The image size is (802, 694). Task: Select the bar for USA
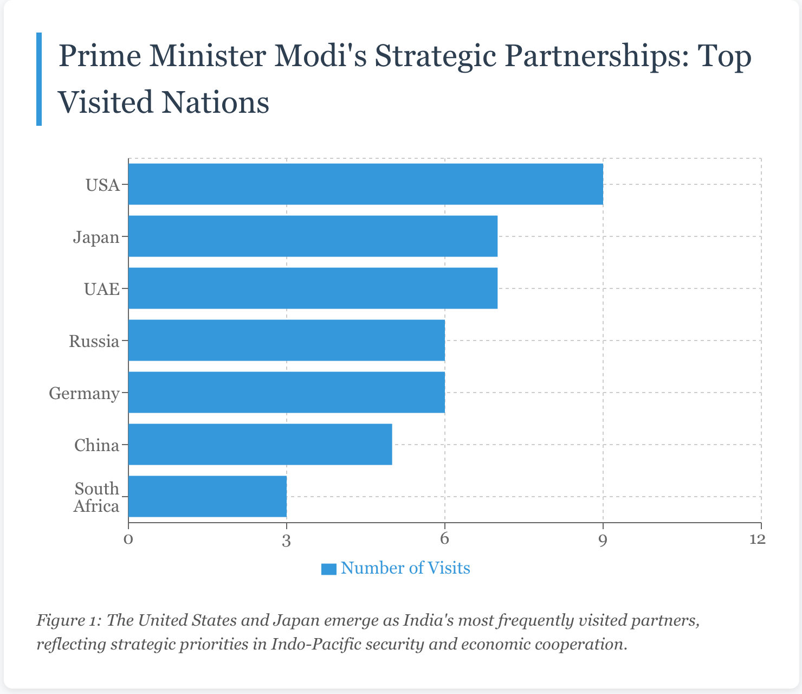pos(366,184)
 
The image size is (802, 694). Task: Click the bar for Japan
pos(313,236)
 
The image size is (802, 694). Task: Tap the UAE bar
pos(313,288)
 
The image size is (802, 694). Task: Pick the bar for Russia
pos(287,340)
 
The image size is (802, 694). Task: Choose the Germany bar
pos(287,393)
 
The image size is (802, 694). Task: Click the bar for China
pos(260,445)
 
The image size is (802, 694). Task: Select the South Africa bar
pos(208,497)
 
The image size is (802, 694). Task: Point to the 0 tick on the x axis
pos(128,539)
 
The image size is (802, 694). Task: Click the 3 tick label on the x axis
pos(287,539)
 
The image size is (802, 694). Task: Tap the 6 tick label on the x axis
pos(445,539)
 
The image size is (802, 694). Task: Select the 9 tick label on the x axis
pos(603,539)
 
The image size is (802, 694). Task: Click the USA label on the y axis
pos(102,185)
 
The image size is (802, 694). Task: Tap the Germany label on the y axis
pos(84,394)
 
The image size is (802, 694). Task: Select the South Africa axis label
pos(96,497)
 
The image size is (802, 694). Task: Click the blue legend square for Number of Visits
pos(329,569)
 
